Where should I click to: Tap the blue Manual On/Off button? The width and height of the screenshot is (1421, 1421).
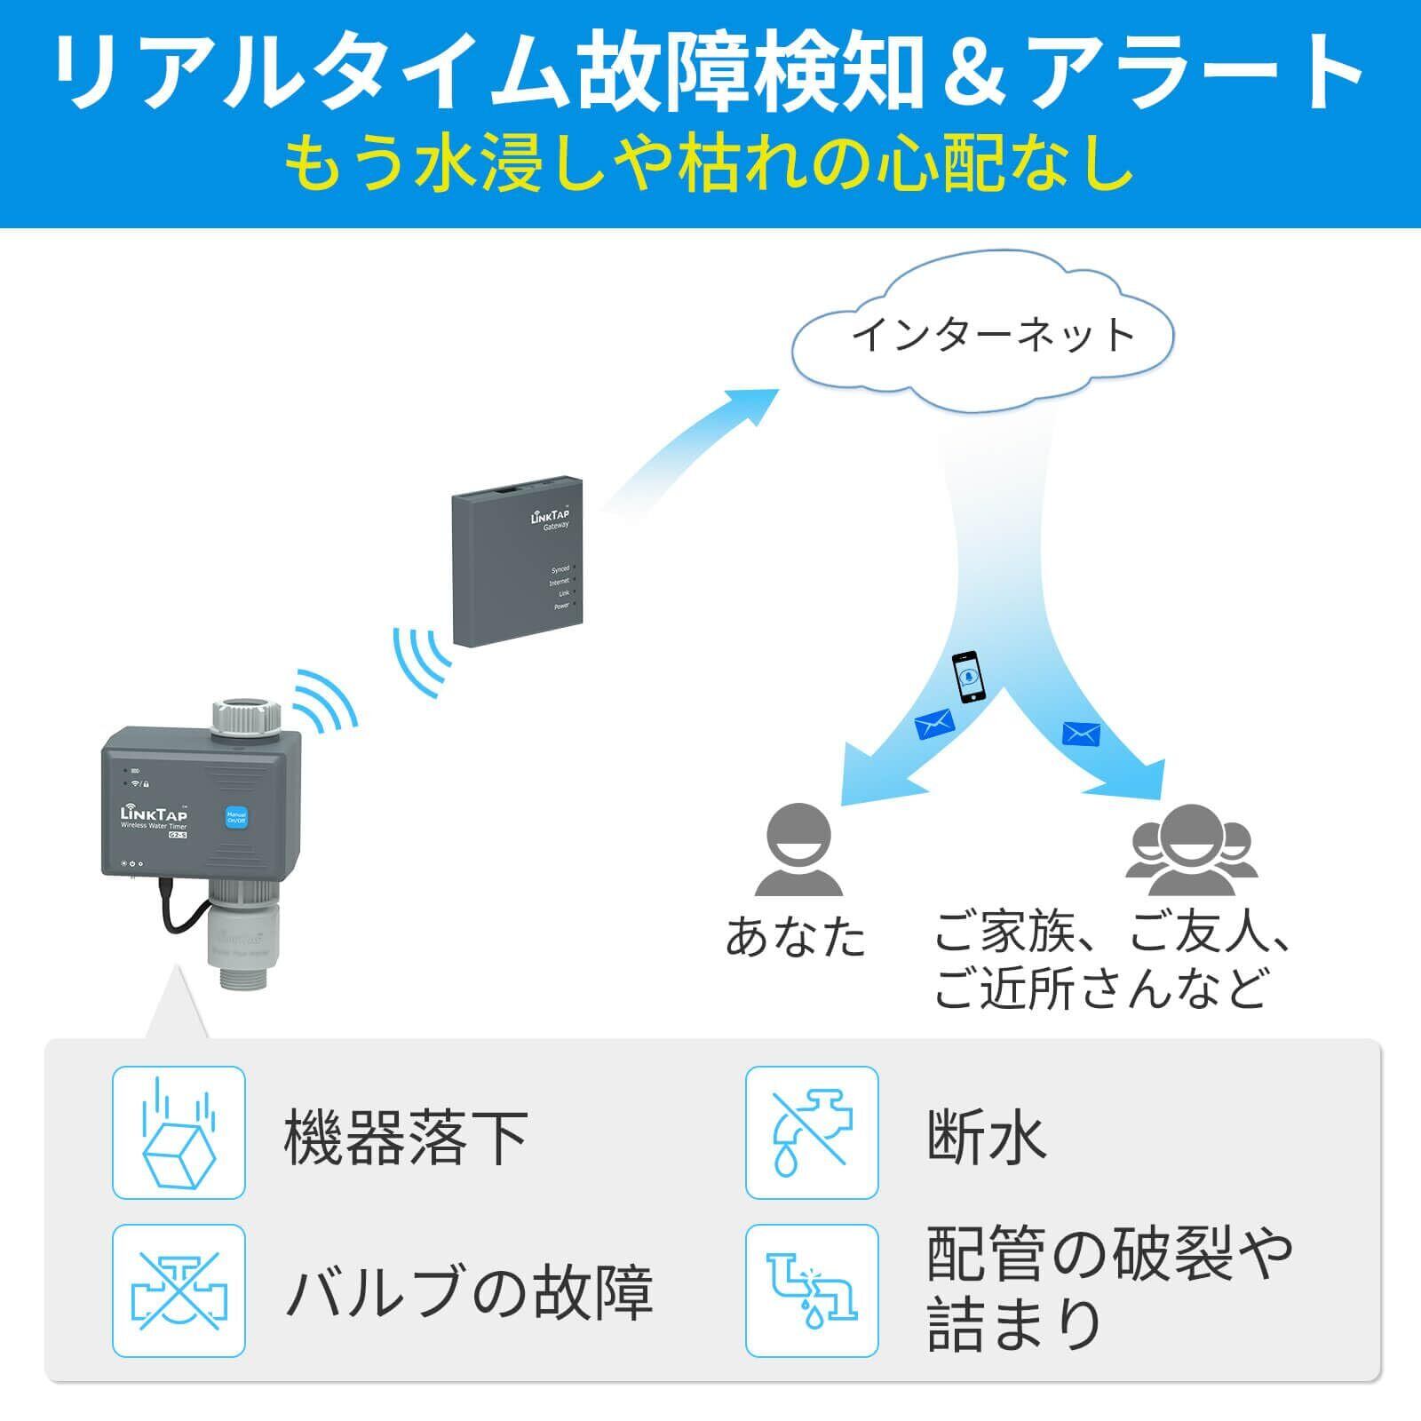pos(236,818)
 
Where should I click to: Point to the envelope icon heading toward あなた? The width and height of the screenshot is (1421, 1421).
pos(934,726)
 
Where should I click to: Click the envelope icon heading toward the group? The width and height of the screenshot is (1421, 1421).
pos(1081,734)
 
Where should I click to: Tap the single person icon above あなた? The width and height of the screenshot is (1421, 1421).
pos(798,850)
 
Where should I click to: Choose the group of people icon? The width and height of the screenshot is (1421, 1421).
pos(1192,850)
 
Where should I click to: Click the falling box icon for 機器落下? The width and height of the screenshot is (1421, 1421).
pos(179,1132)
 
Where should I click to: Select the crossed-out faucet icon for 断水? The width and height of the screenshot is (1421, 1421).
pos(812,1132)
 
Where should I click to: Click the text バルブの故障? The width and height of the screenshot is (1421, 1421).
pos(469,1292)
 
